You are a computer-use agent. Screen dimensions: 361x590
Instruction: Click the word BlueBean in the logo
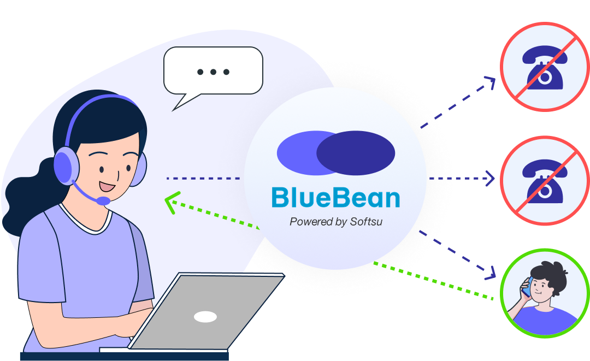pyautogui.click(x=335, y=198)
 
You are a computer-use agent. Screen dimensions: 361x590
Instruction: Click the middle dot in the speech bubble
pyautogui.click(x=214, y=72)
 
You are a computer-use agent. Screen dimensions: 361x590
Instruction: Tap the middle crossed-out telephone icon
pyautogui.click(x=545, y=180)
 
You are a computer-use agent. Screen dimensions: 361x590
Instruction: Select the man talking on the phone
pyautogui.click(x=544, y=295)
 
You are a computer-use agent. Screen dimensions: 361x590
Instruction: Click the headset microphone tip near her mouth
pyautogui.click(x=103, y=200)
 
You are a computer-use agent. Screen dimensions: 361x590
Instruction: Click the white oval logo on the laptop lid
pyautogui.click(x=205, y=317)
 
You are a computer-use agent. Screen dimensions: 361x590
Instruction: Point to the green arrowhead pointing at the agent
pyautogui.click(x=172, y=203)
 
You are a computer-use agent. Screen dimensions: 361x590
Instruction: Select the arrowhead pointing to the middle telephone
pyautogui.click(x=490, y=178)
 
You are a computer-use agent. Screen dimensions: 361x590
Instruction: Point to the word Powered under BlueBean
pyautogui.click(x=310, y=222)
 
